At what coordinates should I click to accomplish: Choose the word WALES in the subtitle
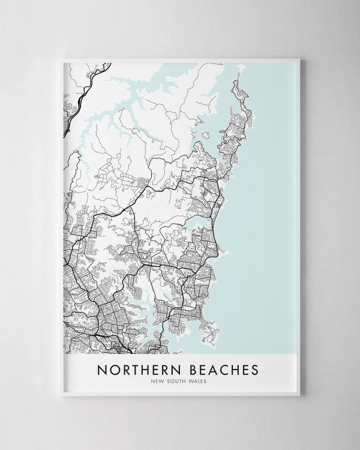coord(201,380)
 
